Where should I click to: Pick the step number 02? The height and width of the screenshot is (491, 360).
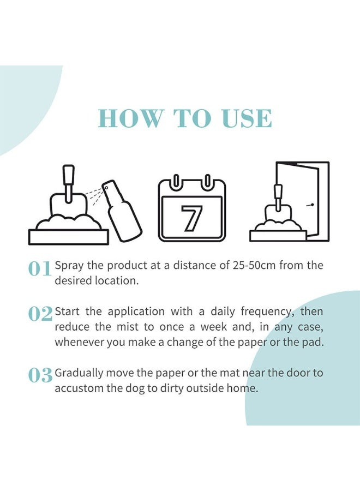(40, 314)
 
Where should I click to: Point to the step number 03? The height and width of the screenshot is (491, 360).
(40, 376)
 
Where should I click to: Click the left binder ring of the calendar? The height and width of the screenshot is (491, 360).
(175, 181)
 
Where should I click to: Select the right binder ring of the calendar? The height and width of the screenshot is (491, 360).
(208, 181)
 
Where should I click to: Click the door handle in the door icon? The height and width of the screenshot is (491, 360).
(310, 206)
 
